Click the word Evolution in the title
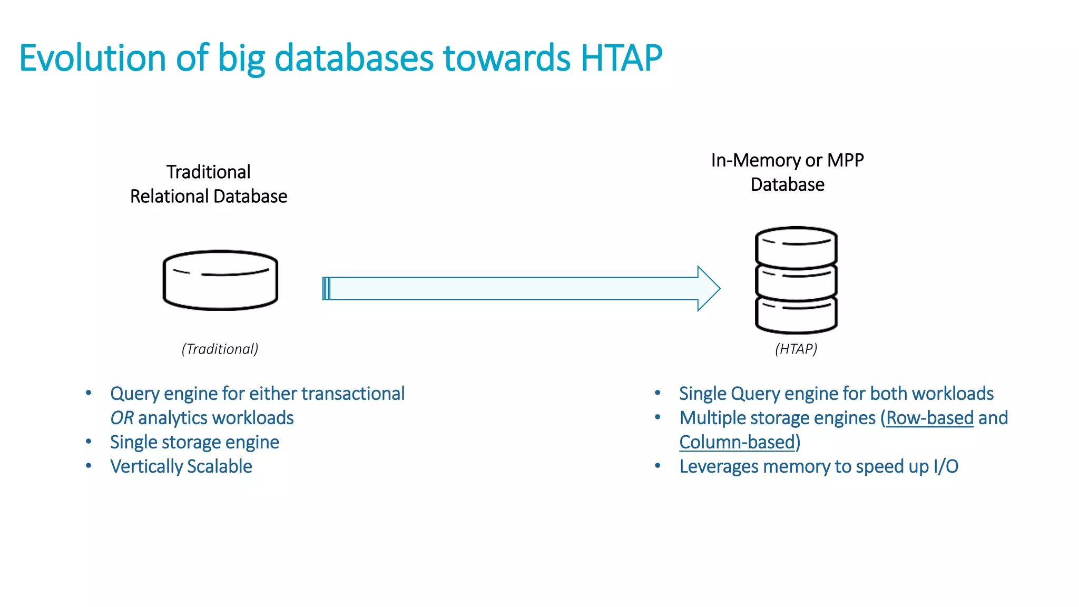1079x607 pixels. click(92, 58)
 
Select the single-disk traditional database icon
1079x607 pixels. click(220, 280)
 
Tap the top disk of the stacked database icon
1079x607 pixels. click(796, 246)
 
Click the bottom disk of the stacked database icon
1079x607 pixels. click(796, 315)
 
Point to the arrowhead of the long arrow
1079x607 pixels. click(709, 288)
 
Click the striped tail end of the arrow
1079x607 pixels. click(326, 288)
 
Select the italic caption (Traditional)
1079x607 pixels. click(220, 349)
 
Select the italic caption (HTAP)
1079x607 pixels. click(796, 349)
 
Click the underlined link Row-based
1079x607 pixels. click(929, 418)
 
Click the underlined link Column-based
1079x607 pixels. click(737, 442)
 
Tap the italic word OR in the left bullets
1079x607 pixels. click(122, 418)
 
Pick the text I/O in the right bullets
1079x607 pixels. click(946, 466)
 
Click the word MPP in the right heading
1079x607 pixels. click(845, 160)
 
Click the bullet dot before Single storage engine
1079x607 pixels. click(89, 442)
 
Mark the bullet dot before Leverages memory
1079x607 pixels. click(658, 466)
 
